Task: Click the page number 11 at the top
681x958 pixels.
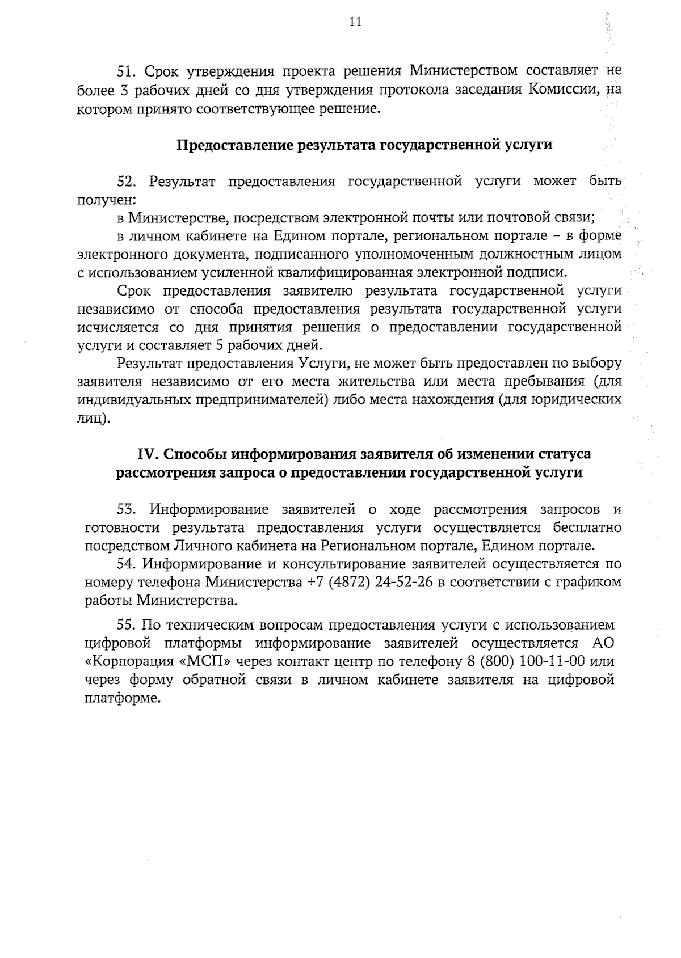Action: point(355,23)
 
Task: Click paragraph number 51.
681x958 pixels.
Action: point(124,71)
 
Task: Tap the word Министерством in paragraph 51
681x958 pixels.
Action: point(464,71)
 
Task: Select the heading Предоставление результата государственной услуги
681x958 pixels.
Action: point(364,145)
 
